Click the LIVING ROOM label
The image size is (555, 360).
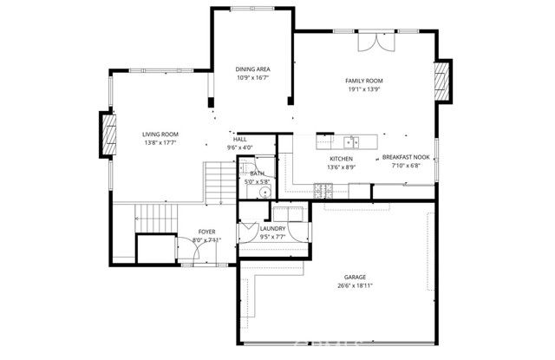click(160, 134)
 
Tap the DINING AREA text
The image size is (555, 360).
click(253, 69)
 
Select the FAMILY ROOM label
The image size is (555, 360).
click(364, 81)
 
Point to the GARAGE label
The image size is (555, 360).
click(356, 278)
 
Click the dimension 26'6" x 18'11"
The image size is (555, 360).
click(356, 286)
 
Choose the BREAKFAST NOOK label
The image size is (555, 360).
click(406, 158)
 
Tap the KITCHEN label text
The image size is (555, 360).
click(341, 159)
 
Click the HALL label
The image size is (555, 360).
click(239, 139)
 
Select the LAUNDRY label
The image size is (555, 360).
click(273, 228)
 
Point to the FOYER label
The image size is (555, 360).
click(206, 232)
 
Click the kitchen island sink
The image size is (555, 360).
click(349, 141)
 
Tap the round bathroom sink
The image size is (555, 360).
click(266, 193)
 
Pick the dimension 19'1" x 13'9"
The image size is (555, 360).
click(364, 89)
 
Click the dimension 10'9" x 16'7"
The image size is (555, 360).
click(253, 77)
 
